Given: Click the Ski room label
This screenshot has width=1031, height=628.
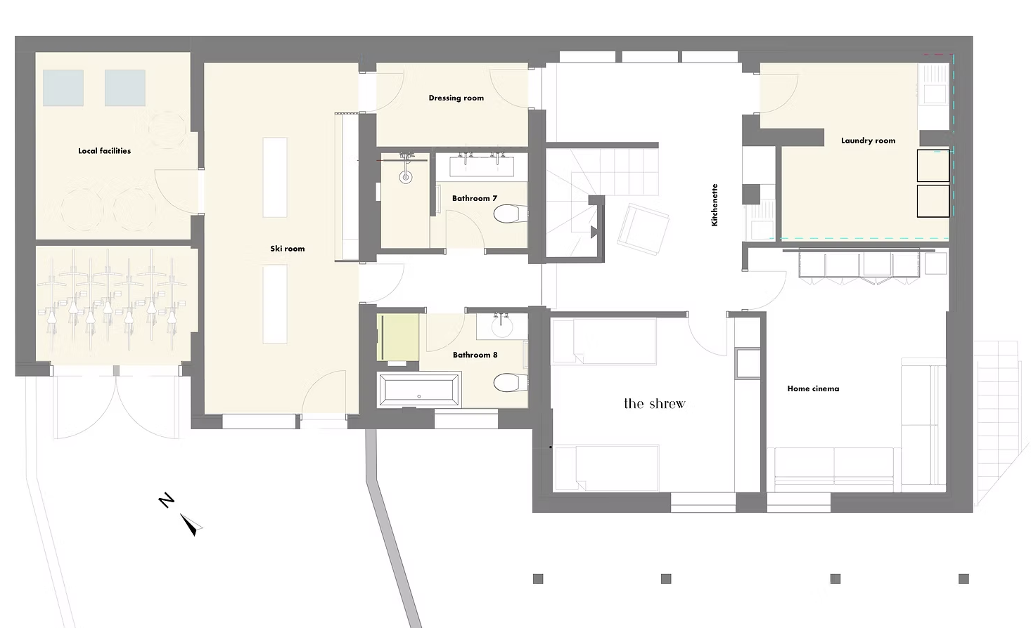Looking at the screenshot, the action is [x=287, y=249].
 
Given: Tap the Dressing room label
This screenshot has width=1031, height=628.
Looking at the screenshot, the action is [x=456, y=98].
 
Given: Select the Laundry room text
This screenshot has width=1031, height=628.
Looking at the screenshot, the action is [x=868, y=140].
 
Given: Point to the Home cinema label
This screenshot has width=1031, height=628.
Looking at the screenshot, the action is [x=813, y=388].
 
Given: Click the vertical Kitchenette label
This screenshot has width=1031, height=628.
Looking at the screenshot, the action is [x=715, y=205].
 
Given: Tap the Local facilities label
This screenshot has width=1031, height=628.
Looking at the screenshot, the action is [x=105, y=151].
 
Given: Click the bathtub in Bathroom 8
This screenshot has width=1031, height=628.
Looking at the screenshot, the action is [x=419, y=389].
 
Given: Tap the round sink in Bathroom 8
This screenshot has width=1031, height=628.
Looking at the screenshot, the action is [x=501, y=327].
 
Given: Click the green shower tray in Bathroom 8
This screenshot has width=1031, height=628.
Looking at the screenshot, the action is [x=397, y=337].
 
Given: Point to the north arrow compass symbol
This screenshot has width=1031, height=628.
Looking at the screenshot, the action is [x=191, y=525].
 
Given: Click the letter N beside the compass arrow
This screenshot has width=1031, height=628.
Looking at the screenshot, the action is [x=166, y=500].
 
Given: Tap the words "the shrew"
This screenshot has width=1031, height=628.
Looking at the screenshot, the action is [x=655, y=404].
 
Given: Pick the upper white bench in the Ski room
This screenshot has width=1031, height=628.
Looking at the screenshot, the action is [x=275, y=177].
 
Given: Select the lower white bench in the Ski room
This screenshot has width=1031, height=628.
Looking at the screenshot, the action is [x=275, y=304].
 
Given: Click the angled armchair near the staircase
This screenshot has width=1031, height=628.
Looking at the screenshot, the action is [x=643, y=229].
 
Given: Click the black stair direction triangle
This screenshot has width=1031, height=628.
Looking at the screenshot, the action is [x=594, y=233].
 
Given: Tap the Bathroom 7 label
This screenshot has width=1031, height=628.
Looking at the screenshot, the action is [x=475, y=198].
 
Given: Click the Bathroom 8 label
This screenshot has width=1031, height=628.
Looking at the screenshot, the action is [x=475, y=355].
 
